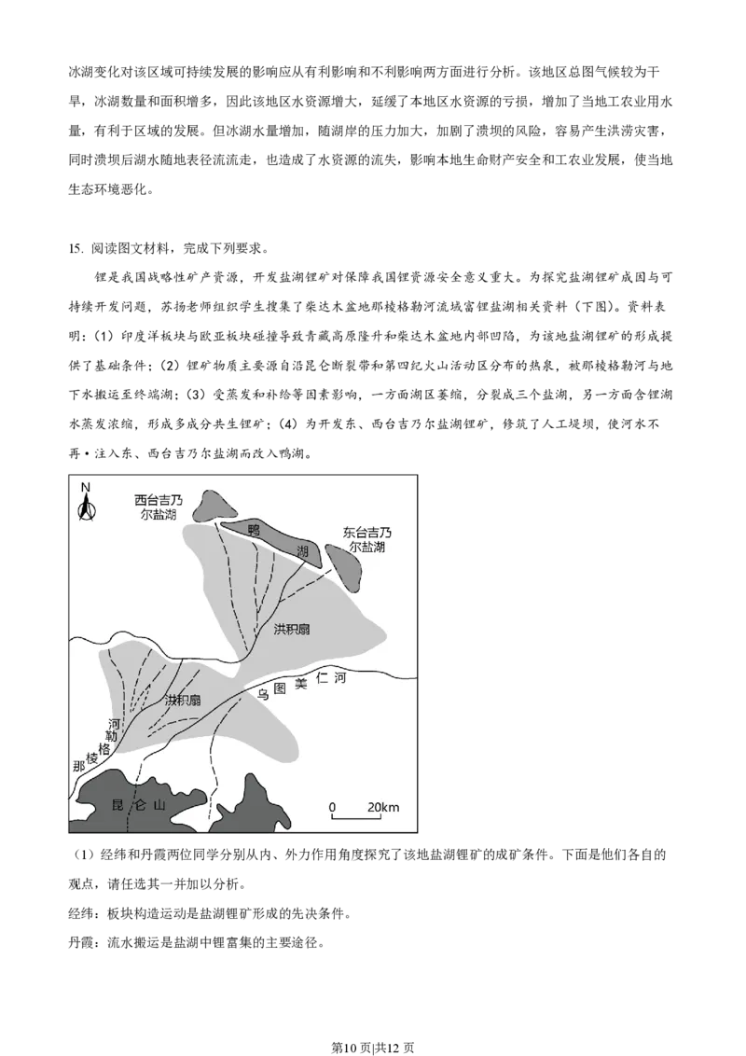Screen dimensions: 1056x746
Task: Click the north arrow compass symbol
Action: click(86, 507)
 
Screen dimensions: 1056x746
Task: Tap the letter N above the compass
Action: click(85, 487)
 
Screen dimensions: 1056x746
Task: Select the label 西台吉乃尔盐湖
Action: click(159, 507)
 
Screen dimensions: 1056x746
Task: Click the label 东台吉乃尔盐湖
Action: click(366, 540)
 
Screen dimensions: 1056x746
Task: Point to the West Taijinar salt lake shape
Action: click(217, 505)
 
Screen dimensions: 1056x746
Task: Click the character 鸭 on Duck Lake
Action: click(253, 529)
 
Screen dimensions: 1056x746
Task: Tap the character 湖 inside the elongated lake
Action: click(302, 551)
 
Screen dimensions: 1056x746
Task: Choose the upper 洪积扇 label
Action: click(292, 630)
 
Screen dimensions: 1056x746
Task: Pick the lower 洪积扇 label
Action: click(183, 700)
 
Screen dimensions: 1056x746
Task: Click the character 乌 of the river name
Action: click(264, 693)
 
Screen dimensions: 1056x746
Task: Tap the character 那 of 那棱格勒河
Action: click(79, 766)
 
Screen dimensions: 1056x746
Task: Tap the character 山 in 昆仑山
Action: click(159, 805)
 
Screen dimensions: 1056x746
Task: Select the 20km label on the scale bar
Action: click(382, 806)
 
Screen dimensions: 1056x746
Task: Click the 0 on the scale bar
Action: click(332, 806)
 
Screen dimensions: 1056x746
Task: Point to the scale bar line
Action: click(357, 818)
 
